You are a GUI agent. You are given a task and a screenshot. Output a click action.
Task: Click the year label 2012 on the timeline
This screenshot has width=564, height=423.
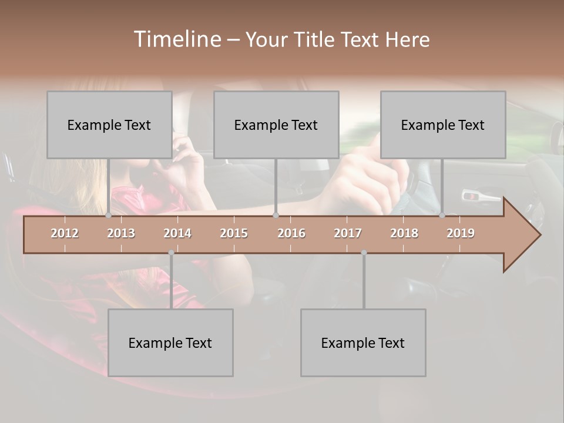65,233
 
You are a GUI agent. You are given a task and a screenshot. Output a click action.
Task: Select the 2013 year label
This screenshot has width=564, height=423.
121,233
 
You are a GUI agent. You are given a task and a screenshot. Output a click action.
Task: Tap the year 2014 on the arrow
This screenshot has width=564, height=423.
177,233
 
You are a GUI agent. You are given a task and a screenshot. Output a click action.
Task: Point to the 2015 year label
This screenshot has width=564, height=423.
234,233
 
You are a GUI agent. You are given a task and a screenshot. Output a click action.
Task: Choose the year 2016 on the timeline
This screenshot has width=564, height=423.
291,233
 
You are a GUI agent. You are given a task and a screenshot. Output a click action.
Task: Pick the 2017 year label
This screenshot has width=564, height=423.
348,233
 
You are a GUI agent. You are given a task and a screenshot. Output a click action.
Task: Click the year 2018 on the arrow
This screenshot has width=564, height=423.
404,233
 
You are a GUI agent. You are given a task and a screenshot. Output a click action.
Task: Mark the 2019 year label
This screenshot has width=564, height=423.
461,233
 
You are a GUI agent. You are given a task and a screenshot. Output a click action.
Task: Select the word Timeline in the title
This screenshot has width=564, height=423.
176,39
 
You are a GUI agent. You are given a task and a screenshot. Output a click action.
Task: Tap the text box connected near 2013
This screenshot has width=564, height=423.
109,125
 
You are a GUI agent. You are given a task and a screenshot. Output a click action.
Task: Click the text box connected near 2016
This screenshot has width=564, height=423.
276,125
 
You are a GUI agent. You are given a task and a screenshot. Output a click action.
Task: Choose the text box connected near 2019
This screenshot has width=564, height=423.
443,125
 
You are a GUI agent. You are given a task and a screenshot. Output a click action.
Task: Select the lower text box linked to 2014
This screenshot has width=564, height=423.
170,343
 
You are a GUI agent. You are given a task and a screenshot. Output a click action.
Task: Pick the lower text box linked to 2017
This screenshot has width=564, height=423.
363,343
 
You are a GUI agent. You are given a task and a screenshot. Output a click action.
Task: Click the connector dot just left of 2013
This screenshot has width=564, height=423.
109,216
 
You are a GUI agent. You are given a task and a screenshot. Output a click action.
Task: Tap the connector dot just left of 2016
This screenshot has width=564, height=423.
276,216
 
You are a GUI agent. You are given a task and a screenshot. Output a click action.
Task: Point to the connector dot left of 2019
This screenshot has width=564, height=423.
442,216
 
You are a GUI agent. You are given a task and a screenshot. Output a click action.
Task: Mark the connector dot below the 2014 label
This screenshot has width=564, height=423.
171,253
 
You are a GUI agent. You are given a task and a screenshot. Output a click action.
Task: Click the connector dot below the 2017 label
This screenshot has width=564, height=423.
364,253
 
